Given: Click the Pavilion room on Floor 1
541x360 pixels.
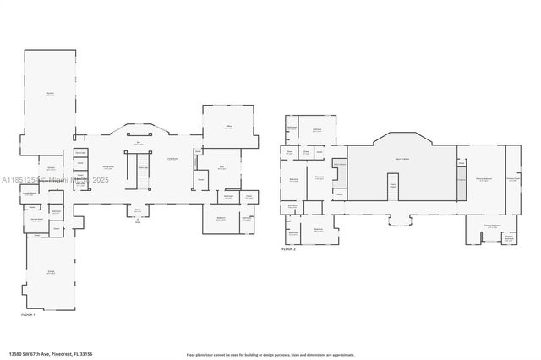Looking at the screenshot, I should click(52, 95).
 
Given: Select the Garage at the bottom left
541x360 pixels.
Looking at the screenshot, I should click(51, 273).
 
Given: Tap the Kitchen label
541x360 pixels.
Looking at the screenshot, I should click(51, 169).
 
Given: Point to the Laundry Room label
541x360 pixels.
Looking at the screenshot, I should click(29, 194).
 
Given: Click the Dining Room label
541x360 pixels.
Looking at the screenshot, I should click(108, 167).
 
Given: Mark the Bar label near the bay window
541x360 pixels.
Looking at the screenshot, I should click(140, 144).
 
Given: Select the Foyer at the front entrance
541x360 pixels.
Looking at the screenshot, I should click(137, 210).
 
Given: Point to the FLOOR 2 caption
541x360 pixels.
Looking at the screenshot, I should click(290, 249).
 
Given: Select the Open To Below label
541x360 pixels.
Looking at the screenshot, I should click(402, 159).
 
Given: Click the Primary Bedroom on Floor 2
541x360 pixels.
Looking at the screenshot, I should click(484, 179).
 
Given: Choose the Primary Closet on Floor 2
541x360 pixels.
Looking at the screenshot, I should click(513, 178).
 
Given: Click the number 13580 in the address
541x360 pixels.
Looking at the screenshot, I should click(16, 353).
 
